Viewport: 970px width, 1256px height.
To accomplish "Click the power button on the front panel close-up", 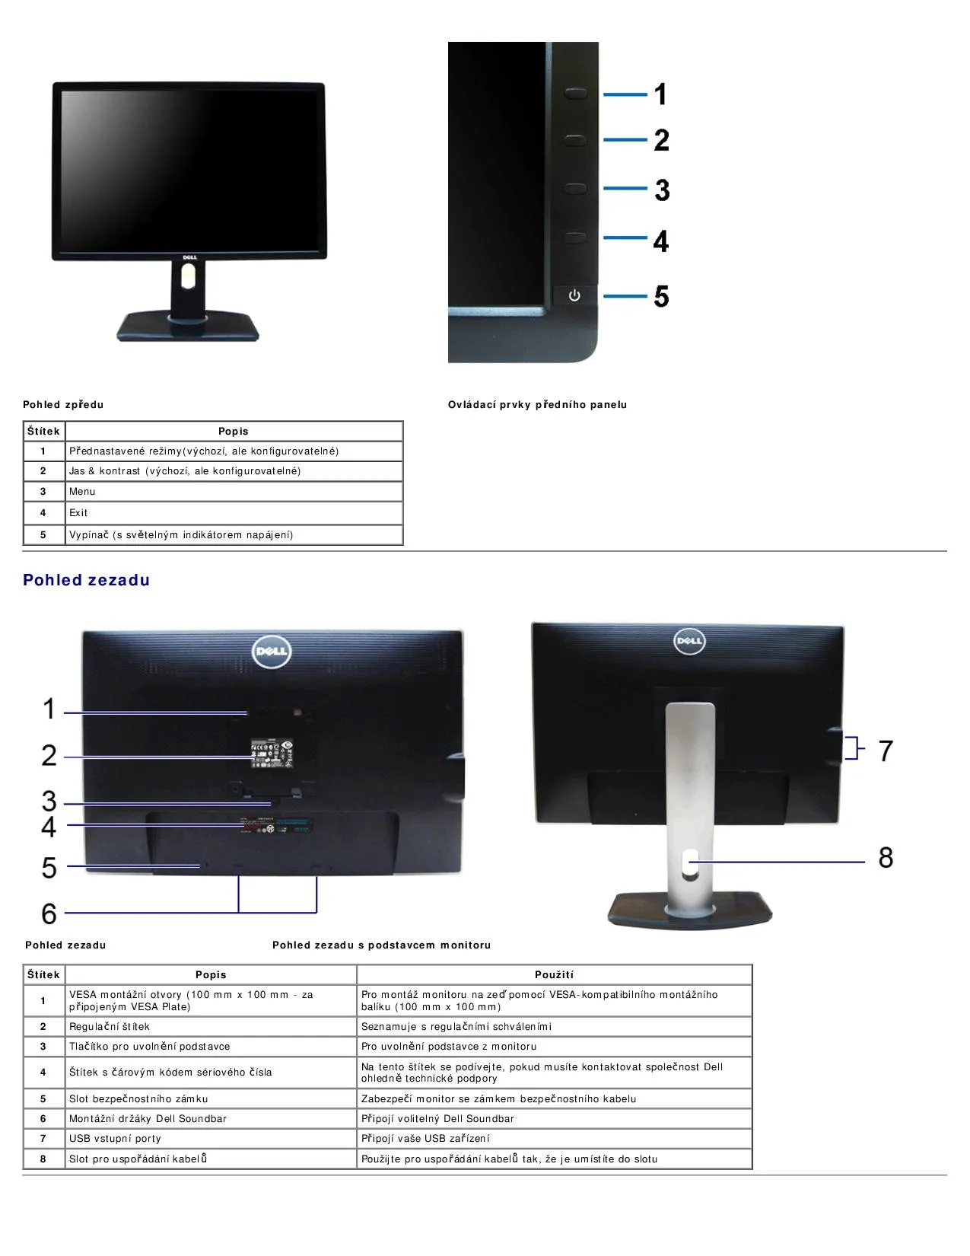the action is [x=574, y=295].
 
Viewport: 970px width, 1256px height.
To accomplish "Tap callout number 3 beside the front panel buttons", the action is [x=662, y=190].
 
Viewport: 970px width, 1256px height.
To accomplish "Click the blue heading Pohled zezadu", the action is [x=86, y=580].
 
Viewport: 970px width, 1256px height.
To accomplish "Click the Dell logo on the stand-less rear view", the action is [x=272, y=652].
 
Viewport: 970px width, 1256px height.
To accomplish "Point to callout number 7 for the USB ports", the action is [x=886, y=751].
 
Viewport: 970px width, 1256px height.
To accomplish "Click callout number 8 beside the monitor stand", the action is [x=886, y=857].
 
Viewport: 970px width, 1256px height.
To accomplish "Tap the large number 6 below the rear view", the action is [x=49, y=913].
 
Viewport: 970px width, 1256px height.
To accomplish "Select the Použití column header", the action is [x=554, y=974].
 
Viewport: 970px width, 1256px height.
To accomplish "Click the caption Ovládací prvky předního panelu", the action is [x=537, y=405].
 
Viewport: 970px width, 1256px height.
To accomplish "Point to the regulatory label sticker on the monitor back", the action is [x=272, y=753].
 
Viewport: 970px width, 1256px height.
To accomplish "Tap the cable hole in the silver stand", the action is [x=689, y=863].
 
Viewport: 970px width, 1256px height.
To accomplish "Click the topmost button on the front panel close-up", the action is [x=575, y=92].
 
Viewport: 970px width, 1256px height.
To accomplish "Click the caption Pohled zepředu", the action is [x=63, y=405].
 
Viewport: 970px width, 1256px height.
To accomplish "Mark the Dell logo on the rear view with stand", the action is [x=689, y=641].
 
